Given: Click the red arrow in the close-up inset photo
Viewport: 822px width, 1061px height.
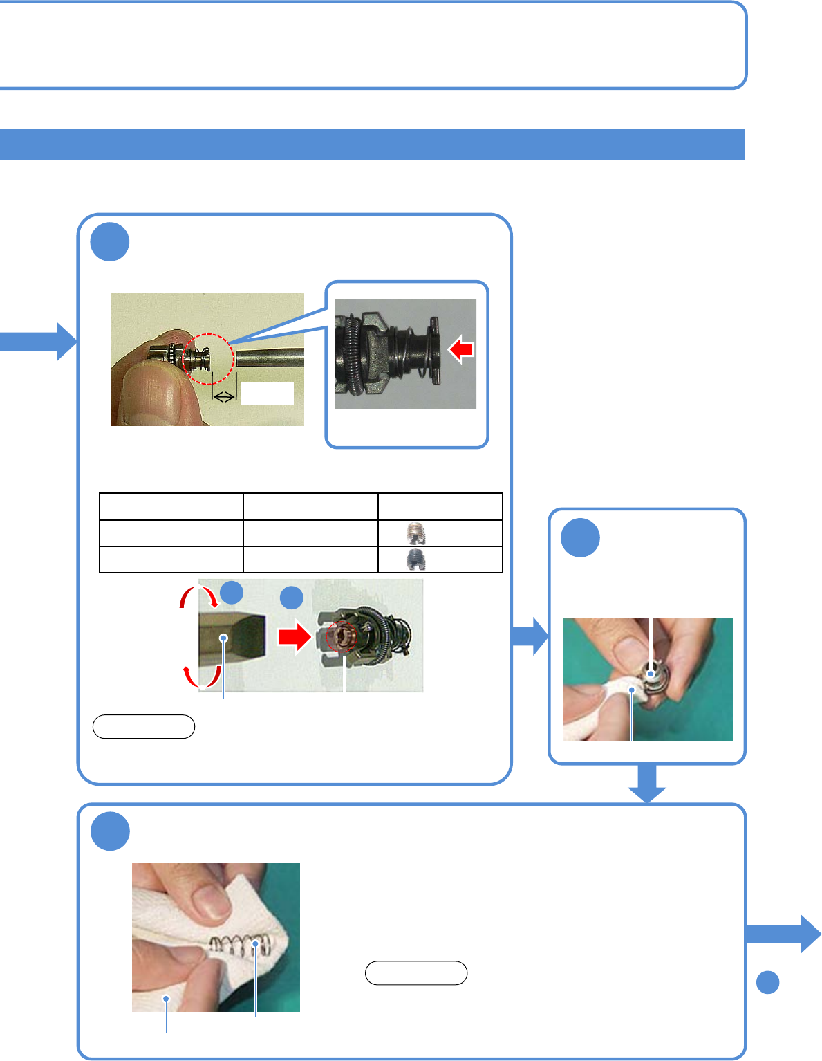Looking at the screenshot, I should (x=461, y=350).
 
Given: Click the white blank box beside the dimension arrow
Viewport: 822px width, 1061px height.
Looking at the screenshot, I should (x=267, y=393).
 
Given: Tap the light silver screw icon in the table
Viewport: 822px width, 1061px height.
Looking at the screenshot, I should (x=415, y=533).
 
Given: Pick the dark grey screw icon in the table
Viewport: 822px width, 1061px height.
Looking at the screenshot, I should (x=415, y=560).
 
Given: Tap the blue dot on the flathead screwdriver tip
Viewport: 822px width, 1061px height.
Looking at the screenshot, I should (x=223, y=638).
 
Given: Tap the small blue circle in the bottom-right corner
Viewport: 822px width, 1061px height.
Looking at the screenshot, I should (x=768, y=982).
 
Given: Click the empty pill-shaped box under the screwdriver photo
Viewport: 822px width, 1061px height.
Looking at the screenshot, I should (x=144, y=727).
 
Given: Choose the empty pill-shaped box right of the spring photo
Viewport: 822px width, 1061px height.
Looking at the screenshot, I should (x=416, y=973).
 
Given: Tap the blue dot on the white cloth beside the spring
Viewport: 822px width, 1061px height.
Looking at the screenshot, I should (x=167, y=997).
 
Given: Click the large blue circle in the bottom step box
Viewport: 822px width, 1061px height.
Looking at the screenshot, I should (x=110, y=831).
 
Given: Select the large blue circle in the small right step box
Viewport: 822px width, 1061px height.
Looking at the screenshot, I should (x=580, y=537).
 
